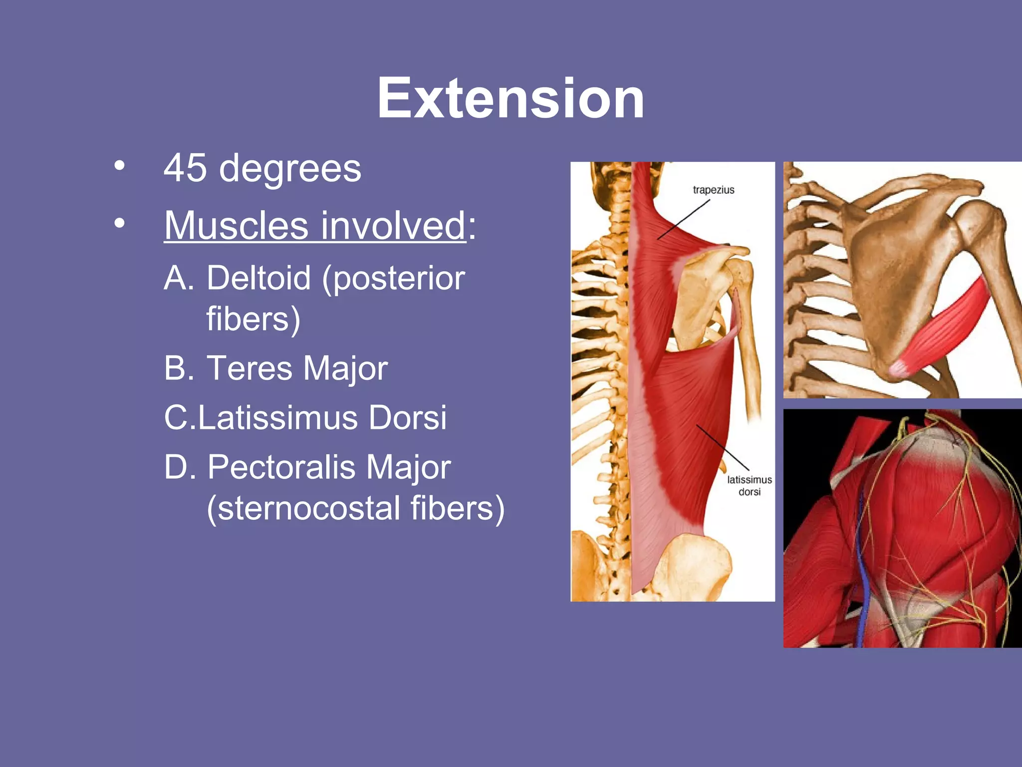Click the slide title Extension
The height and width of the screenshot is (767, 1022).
[511, 98]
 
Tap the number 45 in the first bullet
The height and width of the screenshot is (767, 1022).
[185, 168]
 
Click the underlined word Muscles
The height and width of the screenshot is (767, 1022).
[237, 226]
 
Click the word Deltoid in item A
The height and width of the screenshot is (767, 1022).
[258, 278]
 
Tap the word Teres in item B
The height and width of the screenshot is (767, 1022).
[249, 369]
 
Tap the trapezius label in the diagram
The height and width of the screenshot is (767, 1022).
[714, 190]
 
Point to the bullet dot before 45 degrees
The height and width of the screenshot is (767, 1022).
[119, 166]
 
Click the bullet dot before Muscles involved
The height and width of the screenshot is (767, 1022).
[119, 223]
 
